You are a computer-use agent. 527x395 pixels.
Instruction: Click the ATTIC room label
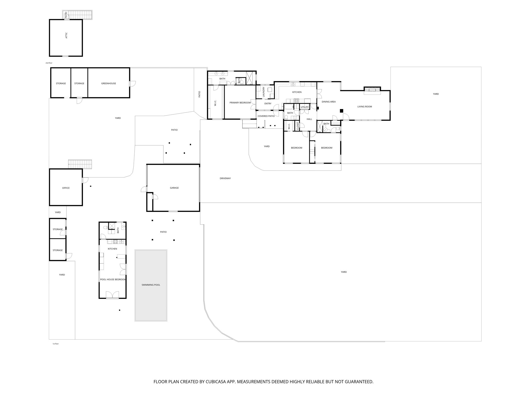(66, 35)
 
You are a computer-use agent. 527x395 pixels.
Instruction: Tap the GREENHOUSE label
(109, 83)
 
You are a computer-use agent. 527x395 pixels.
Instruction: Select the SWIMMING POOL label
(151, 285)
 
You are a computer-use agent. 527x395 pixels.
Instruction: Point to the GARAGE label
(174, 188)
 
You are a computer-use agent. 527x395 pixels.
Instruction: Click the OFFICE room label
(66, 188)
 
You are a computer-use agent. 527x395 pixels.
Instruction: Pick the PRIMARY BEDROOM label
(240, 103)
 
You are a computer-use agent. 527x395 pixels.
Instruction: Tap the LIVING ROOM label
(365, 106)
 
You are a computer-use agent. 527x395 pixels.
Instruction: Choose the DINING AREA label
(329, 102)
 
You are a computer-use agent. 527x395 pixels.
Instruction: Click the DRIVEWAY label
(225, 178)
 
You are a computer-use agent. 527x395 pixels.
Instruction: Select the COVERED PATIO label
(266, 116)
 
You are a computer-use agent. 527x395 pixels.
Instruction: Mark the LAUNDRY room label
(263, 92)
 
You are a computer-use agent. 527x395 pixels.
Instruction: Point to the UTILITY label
(305, 107)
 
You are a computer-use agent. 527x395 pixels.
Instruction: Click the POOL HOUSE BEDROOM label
(113, 280)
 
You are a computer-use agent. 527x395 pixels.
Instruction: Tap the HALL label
(309, 119)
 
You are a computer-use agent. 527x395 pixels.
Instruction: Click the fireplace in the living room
(372, 89)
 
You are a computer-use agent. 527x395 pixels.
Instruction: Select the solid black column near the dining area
(341, 111)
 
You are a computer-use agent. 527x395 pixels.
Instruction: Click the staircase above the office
(80, 164)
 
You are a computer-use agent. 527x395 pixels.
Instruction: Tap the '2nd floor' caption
(49, 63)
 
